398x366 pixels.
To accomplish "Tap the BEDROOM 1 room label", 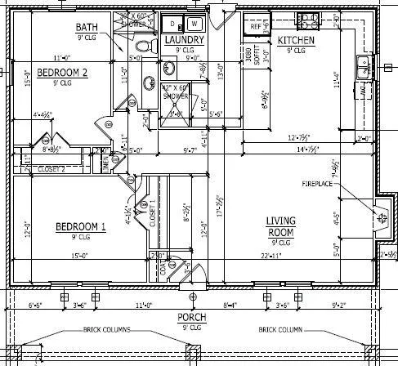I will click(80, 226).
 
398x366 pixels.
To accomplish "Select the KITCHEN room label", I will click(297, 40).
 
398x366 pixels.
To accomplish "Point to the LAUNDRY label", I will click(183, 40).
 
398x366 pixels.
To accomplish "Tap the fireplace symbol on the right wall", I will click(380, 217).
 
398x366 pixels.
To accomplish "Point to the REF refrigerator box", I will click(255, 26).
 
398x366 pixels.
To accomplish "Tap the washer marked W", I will click(195, 23).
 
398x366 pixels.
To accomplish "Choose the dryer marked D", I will click(173, 23).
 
